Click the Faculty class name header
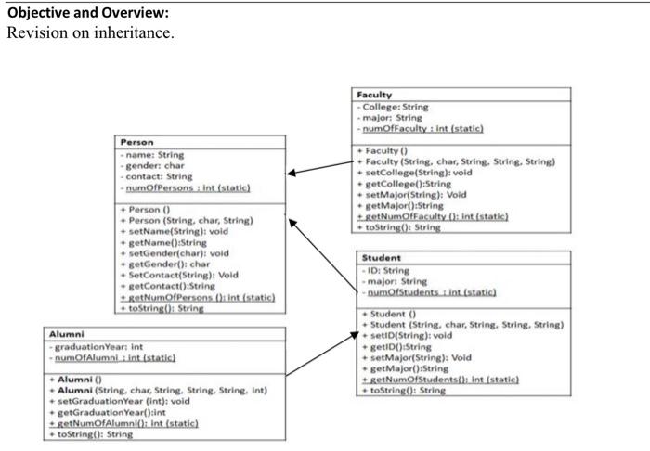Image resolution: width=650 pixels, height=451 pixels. point(375,95)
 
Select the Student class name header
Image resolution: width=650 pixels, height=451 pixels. point(382,257)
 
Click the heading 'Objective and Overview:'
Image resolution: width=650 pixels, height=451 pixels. point(79,13)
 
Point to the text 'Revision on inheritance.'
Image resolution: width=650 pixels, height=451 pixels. point(90,32)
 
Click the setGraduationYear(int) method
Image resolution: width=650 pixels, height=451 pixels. point(120,401)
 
